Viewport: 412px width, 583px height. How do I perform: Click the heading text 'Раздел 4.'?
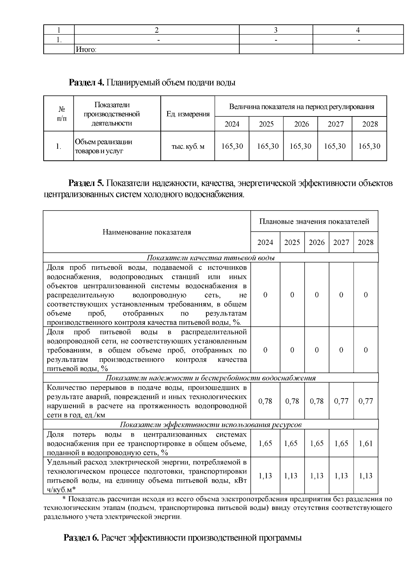coord(87,83)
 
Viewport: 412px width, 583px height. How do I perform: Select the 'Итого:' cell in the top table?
coord(86,50)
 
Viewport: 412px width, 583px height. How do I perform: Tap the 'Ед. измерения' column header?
coord(187,114)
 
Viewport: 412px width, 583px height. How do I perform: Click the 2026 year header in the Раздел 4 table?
coord(301,124)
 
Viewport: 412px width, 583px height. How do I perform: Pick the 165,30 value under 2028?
coord(369,146)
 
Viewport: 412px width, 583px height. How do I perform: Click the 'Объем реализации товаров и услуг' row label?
coord(103,146)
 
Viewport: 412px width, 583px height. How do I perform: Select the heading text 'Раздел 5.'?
coord(86,183)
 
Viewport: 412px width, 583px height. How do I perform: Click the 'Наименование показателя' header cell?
coord(147,232)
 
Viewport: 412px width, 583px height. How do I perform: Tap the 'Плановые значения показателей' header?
coord(314,222)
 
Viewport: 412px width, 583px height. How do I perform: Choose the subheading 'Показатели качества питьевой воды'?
coord(210,258)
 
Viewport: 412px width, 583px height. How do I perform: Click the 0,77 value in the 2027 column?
coord(341,401)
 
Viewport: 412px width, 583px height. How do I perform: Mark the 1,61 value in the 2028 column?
coord(365,444)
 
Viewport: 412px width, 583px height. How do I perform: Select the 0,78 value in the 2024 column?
coord(265,401)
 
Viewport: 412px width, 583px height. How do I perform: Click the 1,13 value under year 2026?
coord(317,476)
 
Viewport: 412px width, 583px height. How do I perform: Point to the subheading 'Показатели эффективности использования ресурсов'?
coord(210,425)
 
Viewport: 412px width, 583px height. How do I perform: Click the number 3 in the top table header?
coord(275,30)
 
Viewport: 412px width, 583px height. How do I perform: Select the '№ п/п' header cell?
coord(59,114)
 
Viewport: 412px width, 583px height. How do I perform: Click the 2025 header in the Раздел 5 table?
coord(292,243)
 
